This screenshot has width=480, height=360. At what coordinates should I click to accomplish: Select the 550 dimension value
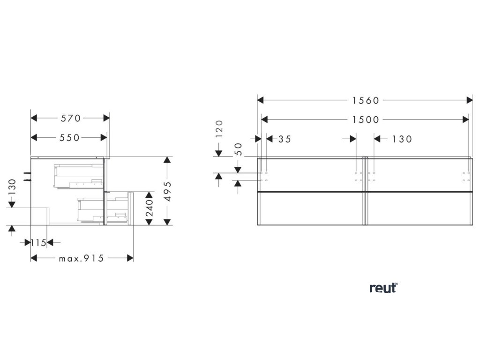click(x=69, y=137)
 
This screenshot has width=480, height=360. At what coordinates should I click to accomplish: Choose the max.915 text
click(x=81, y=258)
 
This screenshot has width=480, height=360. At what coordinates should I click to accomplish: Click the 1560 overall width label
click(x=366, y=100)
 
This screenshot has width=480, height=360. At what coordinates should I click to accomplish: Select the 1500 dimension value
click(x=366, y=120)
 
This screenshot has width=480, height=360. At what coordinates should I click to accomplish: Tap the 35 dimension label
click(x=285, y=139)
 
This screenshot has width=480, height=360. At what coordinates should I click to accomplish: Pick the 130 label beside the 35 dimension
click(x=402, y=139)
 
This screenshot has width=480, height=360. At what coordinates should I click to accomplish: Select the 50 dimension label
click(x=238, y=150)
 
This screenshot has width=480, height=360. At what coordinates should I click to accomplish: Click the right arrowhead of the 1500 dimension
click(x=465, y=120)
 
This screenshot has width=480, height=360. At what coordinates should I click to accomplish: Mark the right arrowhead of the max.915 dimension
click(x=130, y=258)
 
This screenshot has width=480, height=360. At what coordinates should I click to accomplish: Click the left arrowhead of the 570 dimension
click(x=34, y=118)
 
